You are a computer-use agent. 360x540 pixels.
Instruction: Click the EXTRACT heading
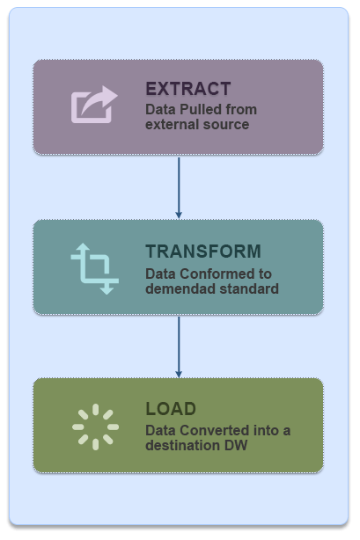coord(188,89)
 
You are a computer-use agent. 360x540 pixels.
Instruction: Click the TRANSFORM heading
coord(203,251)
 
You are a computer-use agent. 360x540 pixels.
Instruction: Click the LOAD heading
coord(171,409)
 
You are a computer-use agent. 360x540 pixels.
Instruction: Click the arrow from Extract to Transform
coord(179,188)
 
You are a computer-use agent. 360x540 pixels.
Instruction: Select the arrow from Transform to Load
coord(179,347)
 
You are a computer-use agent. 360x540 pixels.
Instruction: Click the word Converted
coord(215,430)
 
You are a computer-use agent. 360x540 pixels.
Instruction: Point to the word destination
coord(183,445)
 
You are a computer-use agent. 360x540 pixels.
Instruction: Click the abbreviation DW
coord(236,445)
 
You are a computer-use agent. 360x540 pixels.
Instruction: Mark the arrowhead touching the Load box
coord(179,375)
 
